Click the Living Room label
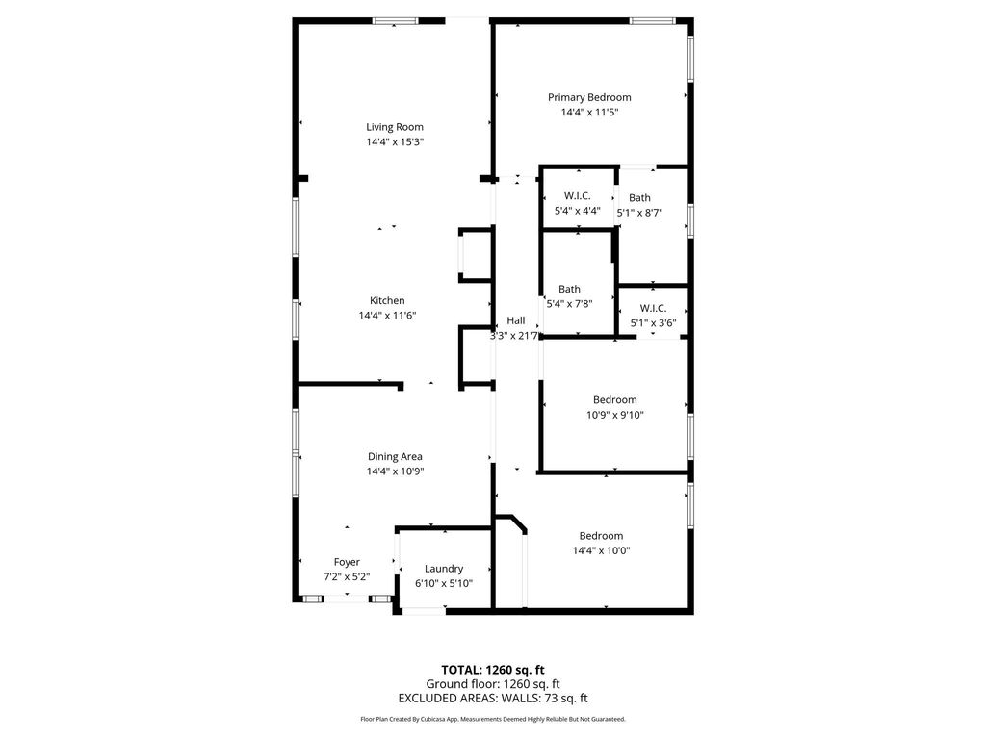(x=395, y=127)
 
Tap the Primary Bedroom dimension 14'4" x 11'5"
(x=590, y=113)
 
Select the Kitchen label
(x=387, y=300)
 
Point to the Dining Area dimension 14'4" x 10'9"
(x=396, y=471)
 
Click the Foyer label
(x=347, y=562)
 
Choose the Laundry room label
(x=444, y=569)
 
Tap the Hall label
(x=516, y=320)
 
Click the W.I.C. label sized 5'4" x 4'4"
(x=578, y=196)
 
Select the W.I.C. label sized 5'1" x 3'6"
(x=654, y=308)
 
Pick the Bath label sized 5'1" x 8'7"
(x=639, y=198)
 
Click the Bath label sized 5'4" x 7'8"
(x=570, y=289)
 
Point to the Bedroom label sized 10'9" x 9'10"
(x=615, y=399)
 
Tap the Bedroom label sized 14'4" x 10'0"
(x=601, y=536)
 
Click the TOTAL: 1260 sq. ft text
(x=493, y=670)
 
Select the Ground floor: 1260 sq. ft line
(x=493, y=684)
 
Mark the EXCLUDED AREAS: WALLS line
(x=493, y=699)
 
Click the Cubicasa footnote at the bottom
(x=493, y=719)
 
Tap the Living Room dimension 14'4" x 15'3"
(x=395, y=142)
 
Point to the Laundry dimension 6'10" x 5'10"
(x=444, y=583)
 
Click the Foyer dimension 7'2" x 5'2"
(x=347, y=577)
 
